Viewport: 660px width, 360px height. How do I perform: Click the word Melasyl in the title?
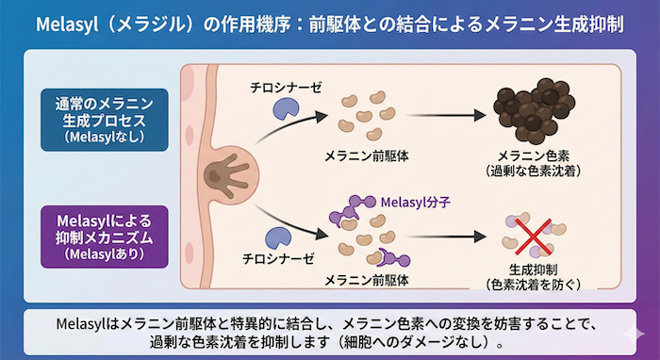point(65,25)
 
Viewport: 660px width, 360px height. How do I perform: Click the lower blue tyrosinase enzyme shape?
point(281,238)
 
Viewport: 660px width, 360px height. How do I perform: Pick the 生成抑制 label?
point(534,268)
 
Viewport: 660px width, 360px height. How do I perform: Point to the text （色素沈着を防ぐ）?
point(534,283)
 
